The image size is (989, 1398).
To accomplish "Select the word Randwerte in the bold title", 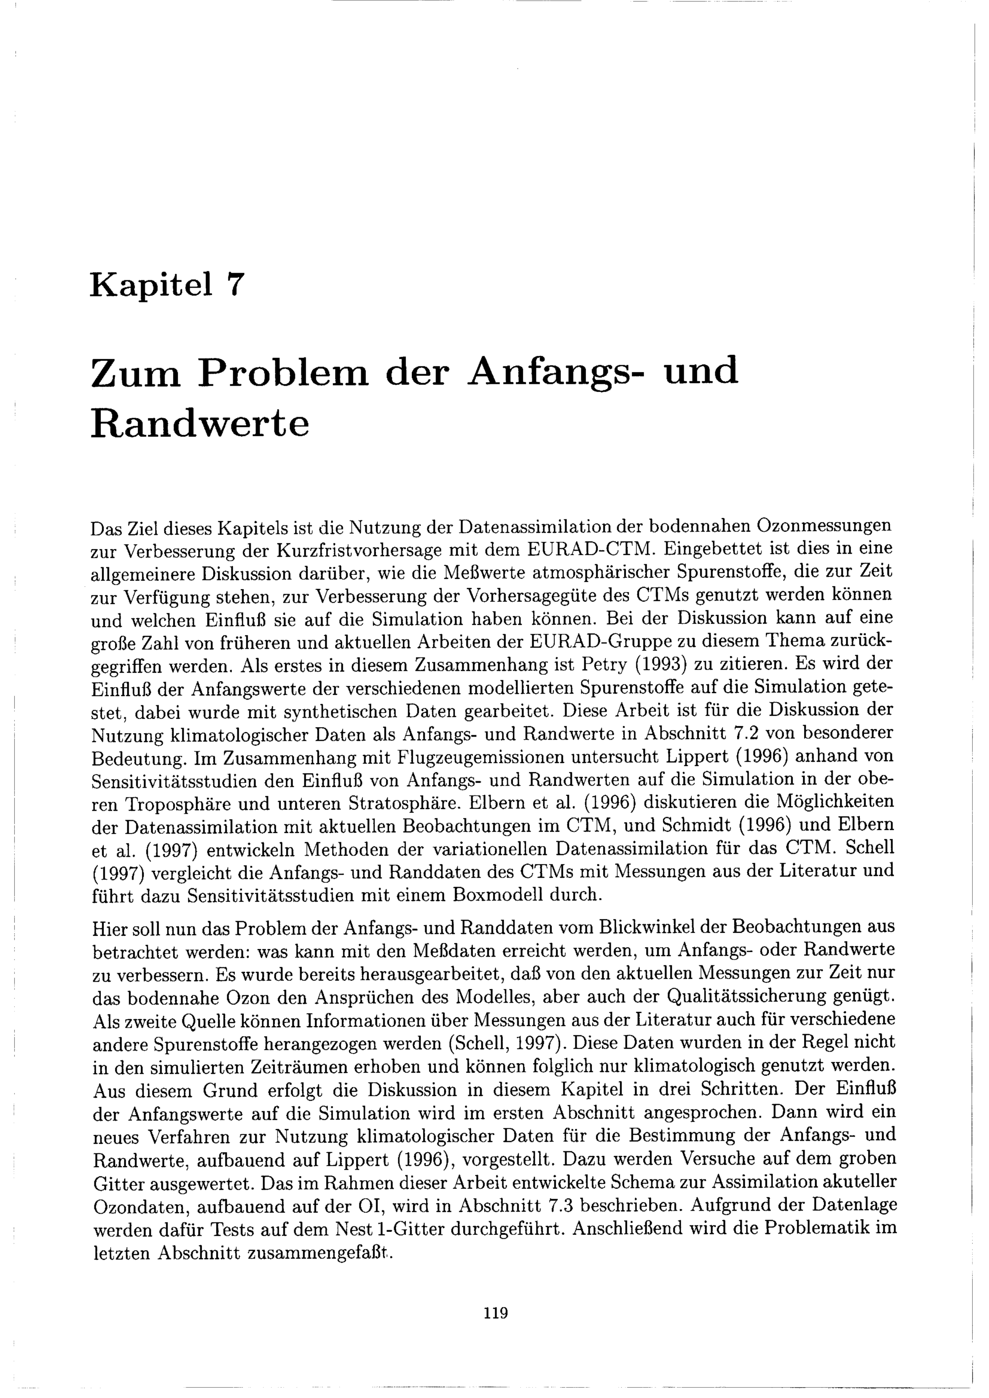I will pyautogui.click(x=200, y=424).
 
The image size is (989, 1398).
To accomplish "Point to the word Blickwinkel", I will pyautogui.click(x=661, y=927).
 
